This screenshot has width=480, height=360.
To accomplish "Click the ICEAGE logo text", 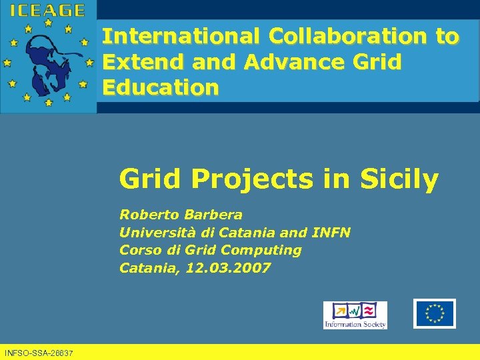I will (x=47, y=10).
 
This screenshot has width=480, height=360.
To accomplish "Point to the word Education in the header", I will (x=160, y=88).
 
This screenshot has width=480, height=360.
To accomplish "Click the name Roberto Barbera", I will (x=181, y=215).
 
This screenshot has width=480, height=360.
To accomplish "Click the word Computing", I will (x=261, y=251).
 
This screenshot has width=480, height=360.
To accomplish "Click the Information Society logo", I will (x=355, y=315).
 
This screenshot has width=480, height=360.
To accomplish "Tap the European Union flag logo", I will (x=434, y=313).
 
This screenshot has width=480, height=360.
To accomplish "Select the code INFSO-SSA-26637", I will (x=39, y=352).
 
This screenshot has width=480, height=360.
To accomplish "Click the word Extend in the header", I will (x=143, y=62).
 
